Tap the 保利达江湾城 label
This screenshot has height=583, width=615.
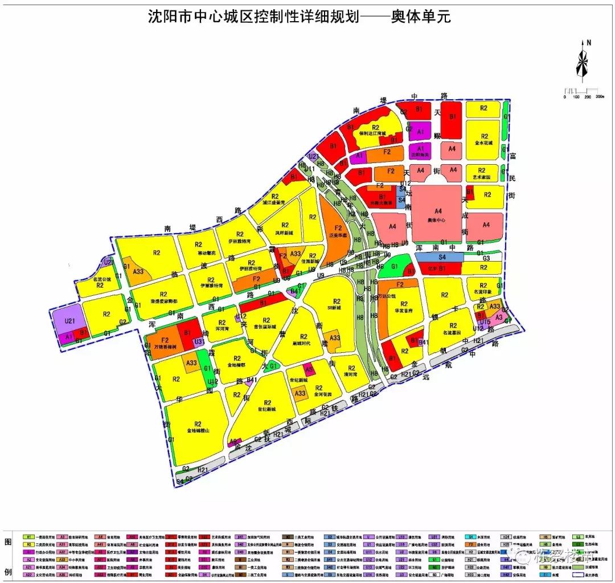(373, 134)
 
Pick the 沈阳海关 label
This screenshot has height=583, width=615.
(420, 154)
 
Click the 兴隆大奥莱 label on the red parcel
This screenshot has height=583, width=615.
(383, 203)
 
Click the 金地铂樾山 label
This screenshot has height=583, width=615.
(198, 431)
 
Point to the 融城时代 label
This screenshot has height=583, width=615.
(304, 344)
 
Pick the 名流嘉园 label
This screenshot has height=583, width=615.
(453, 332)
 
